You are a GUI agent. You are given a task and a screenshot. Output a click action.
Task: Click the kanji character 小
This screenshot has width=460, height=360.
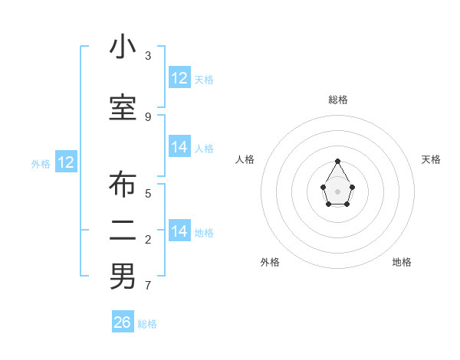[x=123, y=47]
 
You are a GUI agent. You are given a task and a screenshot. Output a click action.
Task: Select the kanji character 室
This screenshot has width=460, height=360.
[x=123, y=108]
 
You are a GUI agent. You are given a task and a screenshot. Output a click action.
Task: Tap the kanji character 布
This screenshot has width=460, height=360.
[x=123, y=186]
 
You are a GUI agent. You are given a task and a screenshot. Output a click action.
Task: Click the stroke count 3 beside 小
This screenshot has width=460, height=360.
[x=148, y=56]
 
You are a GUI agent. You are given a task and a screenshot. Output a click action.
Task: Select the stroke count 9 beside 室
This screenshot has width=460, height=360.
[x=148, y=116]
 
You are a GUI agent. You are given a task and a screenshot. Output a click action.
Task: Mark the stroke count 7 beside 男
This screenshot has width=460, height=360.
[x=148, y=286]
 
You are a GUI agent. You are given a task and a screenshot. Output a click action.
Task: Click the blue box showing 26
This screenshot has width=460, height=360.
[x=123, y=322]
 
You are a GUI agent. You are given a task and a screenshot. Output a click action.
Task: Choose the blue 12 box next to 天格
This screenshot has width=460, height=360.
[x=179, y=78]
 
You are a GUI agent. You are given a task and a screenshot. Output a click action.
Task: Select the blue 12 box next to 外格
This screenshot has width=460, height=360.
[x=66, y=162]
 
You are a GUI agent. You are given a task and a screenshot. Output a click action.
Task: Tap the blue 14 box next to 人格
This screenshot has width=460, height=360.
[x=179, y=148]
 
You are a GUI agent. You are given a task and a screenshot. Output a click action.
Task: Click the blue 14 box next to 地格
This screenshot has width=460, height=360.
[x=179, y=231]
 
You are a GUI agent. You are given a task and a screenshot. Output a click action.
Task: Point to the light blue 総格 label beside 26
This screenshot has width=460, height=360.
[x=147, y=324]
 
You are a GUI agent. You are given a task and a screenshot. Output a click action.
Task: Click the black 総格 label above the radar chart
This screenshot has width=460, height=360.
[x=337, y=100]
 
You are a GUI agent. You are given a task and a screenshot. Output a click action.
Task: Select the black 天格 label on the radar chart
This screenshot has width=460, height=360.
[x=431, y=159]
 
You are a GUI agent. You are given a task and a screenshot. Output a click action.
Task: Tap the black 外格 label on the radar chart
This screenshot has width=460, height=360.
[x=270, y=262]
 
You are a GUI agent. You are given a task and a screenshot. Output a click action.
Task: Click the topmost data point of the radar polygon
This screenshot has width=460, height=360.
[x=337, y=161]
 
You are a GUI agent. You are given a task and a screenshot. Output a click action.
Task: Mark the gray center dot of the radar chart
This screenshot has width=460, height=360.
[x=337, y=191]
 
